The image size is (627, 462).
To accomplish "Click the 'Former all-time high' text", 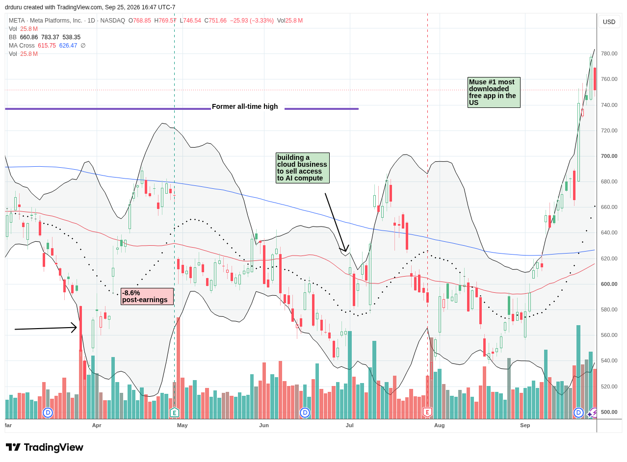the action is pyautogui.click(x=245, y=107).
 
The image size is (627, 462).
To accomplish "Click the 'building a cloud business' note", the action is pyautogui.click(x=303, y=168).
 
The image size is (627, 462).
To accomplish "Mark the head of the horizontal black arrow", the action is pyautogui.click(x=77, y=328).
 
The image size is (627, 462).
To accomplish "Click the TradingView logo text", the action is pyautogui.click(x=54, y=448).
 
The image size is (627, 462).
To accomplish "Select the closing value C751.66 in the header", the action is pyautogui.click(x=216, y=21).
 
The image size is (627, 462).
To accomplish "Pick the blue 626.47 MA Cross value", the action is pyautogui.click(x=68, y=46).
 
